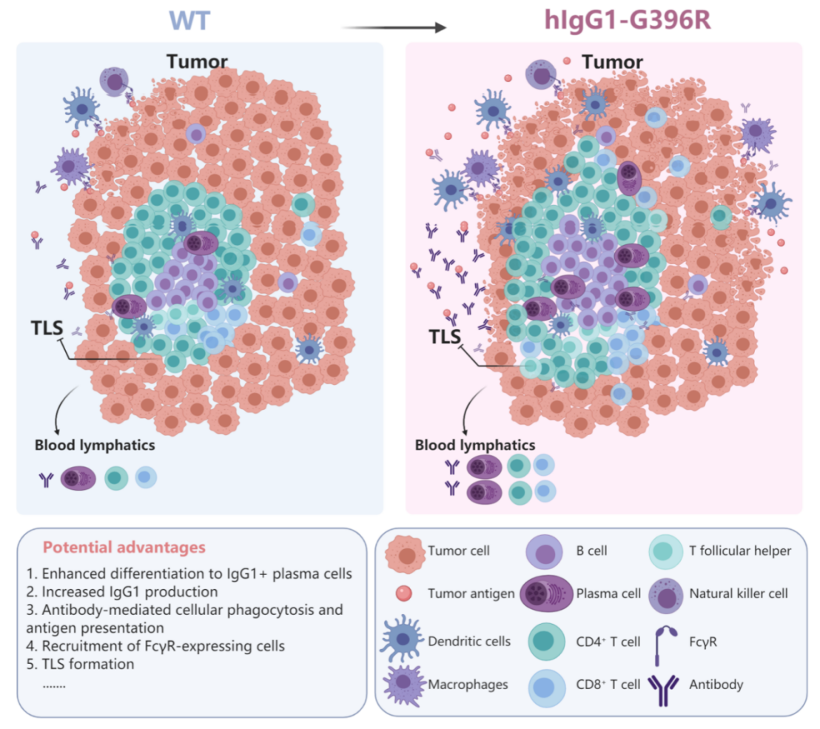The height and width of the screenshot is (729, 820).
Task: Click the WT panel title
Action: point(189,19)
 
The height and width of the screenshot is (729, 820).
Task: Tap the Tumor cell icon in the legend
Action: point(403,552)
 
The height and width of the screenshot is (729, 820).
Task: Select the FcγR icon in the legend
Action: point(665,640)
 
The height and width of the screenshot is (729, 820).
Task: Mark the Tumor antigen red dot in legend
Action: point(403,593)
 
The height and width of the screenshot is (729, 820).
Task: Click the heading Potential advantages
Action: point(124,548)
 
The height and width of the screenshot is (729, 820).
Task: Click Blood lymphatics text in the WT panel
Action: point(94,446)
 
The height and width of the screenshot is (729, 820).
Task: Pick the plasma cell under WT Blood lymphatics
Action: point(78,478)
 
